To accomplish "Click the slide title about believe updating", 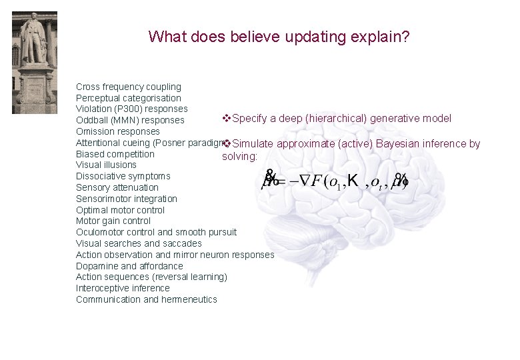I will click(279, 36).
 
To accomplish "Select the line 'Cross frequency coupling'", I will click(129, 87).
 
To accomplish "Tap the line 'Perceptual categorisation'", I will click(128, 98).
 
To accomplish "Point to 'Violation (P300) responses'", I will click(132, 109).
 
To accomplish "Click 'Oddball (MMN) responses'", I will click(130, 121).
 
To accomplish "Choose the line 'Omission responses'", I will click(118, 131).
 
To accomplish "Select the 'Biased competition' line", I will click(115, 154).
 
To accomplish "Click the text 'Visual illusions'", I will click(106, 165).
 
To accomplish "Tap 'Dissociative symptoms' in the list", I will click(123, 176).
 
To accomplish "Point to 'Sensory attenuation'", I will click(117, 187).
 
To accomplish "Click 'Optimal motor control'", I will click(120, 210).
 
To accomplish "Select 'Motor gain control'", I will click(113, 221).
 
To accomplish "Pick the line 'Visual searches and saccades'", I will click(139, 243).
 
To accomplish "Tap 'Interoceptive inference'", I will click(123, 288).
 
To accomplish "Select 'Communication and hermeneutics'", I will click(147, 299).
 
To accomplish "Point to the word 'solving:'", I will click(239, 156).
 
